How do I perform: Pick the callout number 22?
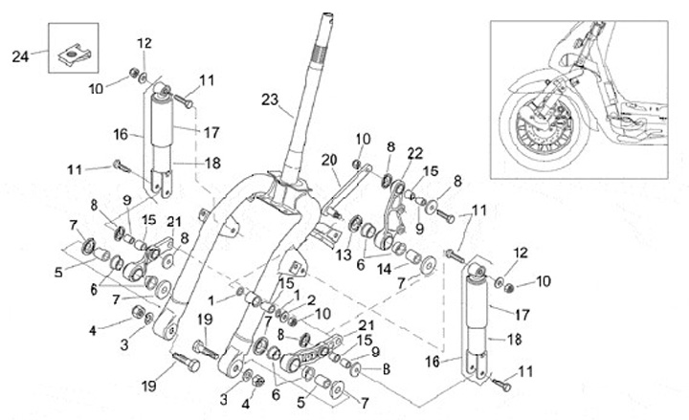pyautogui.click(x=413, y=153)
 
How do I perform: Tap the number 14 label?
pyautogui.click(x=385, y=269)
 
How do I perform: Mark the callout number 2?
pyautogui.click(x=310, y=299)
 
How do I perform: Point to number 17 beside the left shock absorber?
pyautogui.click(x=211, y=131)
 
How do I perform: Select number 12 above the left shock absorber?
pyautogui.click(x=144, y=42)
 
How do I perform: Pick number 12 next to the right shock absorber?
pyautogui.click(x=520, y=253)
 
